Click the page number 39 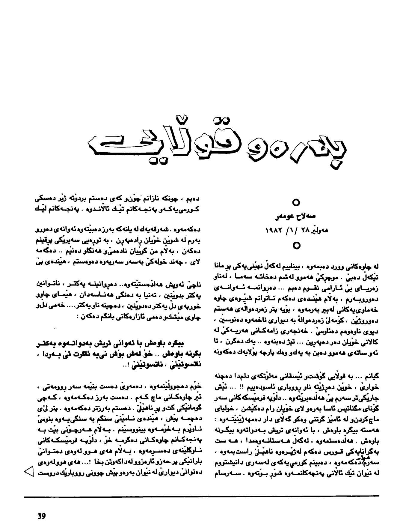tap(41, 516)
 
